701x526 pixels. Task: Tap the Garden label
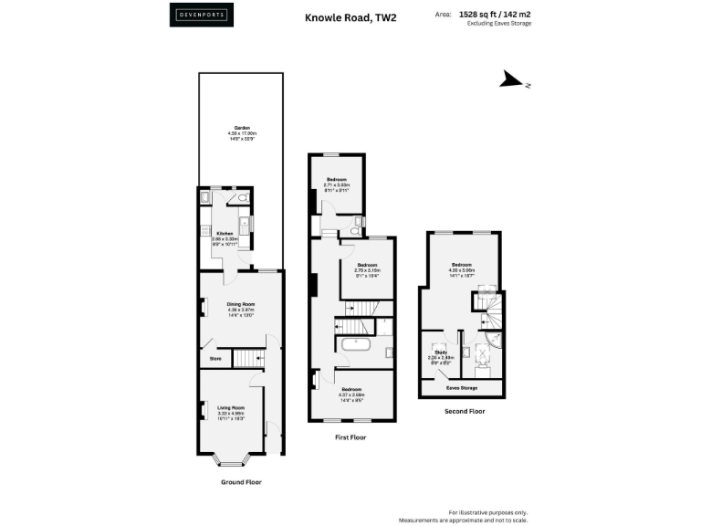[x=241, y=128]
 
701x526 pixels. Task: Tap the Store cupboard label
[x=215, y=359]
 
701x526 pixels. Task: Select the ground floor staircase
[x=247, y=359]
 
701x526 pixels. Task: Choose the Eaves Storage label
[x=462, y=388]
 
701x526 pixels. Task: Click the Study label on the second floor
[x=440, y=351]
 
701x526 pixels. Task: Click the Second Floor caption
[x=464, y=411]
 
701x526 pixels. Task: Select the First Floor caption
[x=350, y=437]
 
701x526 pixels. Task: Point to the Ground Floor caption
[x=240, y=481]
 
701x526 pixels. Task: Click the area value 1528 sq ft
[x=499, y=15]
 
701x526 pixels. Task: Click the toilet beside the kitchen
[x=245, y=197]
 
